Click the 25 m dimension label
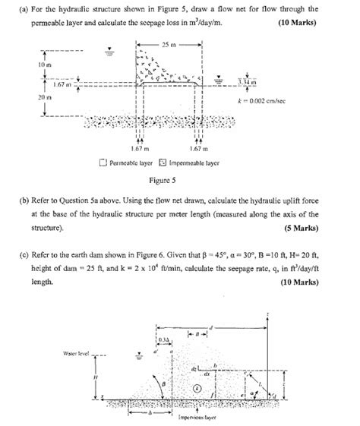167,46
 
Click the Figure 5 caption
162,181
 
